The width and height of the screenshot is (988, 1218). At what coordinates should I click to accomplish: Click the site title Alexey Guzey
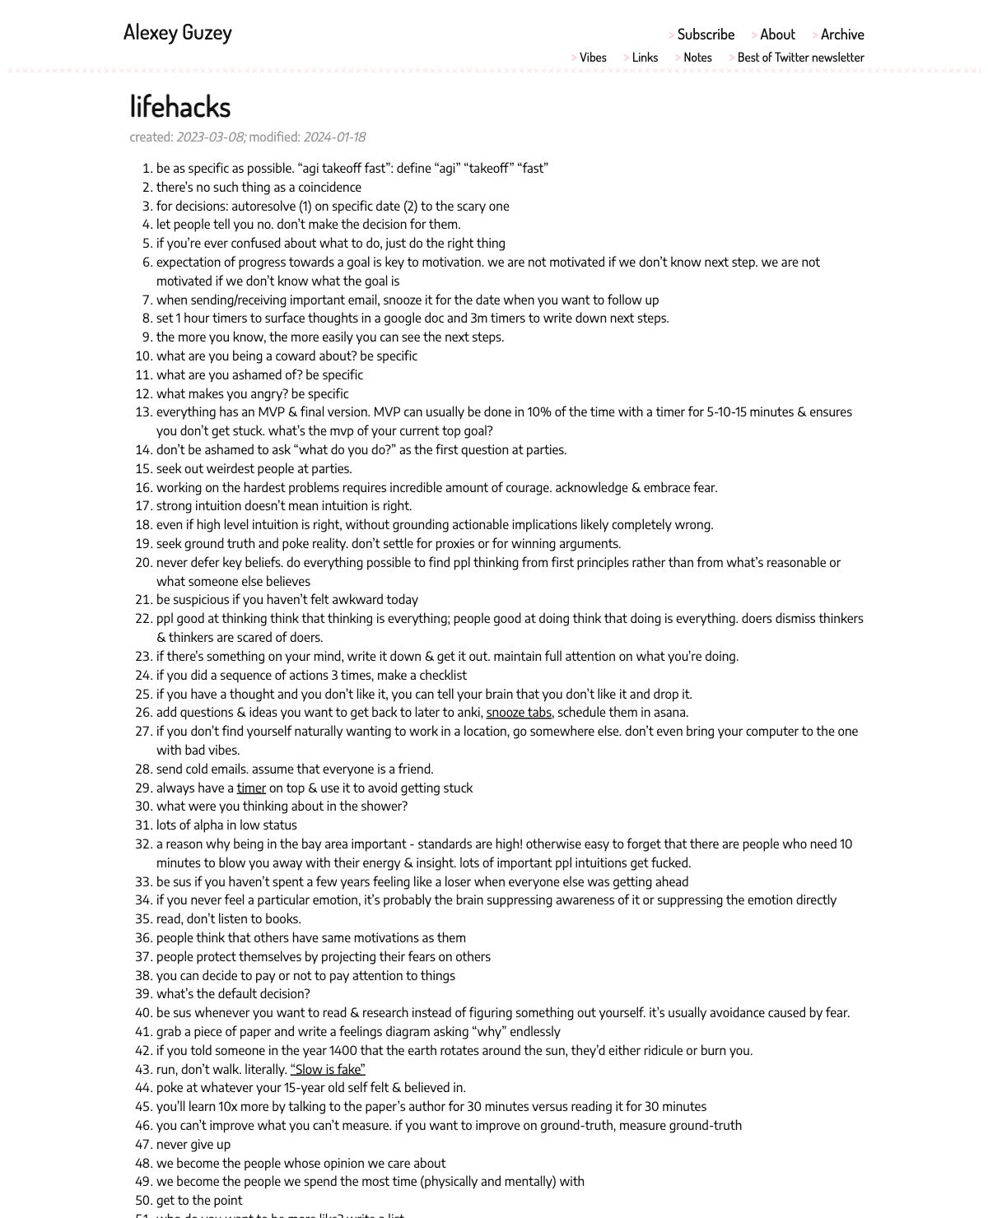(177, 32)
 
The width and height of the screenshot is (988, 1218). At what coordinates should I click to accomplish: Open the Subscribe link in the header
(706, 35)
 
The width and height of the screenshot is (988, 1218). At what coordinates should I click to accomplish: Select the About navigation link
(777, 35)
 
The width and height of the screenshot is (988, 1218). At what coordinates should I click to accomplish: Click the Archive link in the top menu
(842, 35)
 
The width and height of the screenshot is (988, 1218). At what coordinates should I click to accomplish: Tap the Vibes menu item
(593, 58)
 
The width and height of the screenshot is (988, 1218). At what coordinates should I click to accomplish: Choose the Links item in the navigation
(645, 58)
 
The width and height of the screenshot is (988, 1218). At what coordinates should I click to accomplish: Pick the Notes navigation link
(697, 58)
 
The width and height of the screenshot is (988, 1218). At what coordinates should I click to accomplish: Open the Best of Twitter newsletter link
(800, 58)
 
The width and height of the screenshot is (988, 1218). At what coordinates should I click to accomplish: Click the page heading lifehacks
(180, 106)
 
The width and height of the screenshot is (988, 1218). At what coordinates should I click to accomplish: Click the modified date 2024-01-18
(334, 137)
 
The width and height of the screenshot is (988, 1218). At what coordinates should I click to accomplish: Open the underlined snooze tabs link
(519, 713)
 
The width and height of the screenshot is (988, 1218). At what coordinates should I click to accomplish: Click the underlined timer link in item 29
(251, 788)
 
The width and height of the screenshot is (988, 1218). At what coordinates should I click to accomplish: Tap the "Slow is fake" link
(328, 1070)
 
